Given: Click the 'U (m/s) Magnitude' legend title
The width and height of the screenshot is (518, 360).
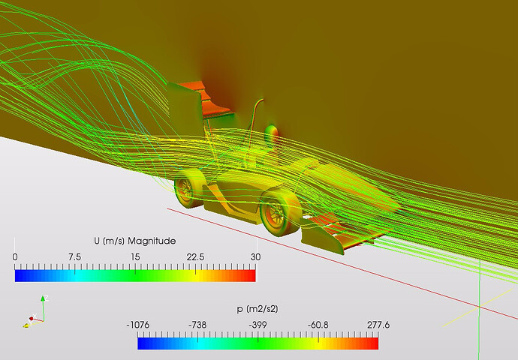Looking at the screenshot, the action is click(x=135, y=241).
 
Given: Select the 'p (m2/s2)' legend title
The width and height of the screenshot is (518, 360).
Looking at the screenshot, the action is click(x=257, y=309).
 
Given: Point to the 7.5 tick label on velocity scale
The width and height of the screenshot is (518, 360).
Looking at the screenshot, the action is click(x=74, y=257).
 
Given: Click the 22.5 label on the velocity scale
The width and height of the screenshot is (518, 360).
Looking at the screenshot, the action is click(x=195, y=257).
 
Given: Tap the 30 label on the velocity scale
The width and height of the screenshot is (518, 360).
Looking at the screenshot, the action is click(x=255, y=257).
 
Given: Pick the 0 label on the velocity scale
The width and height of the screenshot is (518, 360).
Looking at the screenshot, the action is click(x=15, y=257).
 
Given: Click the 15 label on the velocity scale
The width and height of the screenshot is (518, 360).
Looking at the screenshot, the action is click(x=135, y=257).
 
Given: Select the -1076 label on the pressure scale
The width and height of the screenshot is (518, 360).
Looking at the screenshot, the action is click(x=138, y=325).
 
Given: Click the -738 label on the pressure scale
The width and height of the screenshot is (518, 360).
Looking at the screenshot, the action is click(x=197, y=325).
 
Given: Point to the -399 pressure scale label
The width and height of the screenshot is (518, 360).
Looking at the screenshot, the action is click(x=257, y=325).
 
